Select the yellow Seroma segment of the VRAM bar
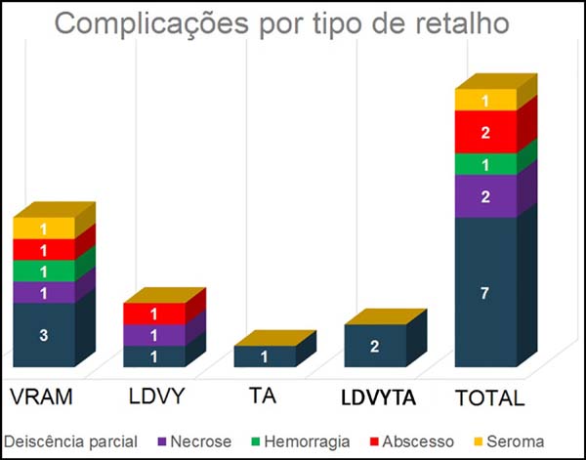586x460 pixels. coord(44,229)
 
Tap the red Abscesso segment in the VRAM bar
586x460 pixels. coord(44,250)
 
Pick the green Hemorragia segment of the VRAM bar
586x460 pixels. coord(44,271)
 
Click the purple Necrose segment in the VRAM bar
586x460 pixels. coord(44,292)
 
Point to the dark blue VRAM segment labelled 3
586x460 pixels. coord(44,335)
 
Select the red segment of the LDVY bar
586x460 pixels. coord(154,314)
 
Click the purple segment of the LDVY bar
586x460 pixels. coord(154,335)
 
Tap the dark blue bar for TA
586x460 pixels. coord(265,356)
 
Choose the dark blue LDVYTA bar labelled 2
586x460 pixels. coord(375,346)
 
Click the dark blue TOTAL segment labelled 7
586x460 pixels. coord(485,292)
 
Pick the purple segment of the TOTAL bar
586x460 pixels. coord(485,196)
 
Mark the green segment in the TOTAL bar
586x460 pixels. coord(485,164)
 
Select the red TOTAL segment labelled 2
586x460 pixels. coord(485,132)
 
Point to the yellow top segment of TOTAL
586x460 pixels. coord(485,100)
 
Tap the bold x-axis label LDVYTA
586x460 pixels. coord(376,397)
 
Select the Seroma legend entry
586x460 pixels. coord(512,441)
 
